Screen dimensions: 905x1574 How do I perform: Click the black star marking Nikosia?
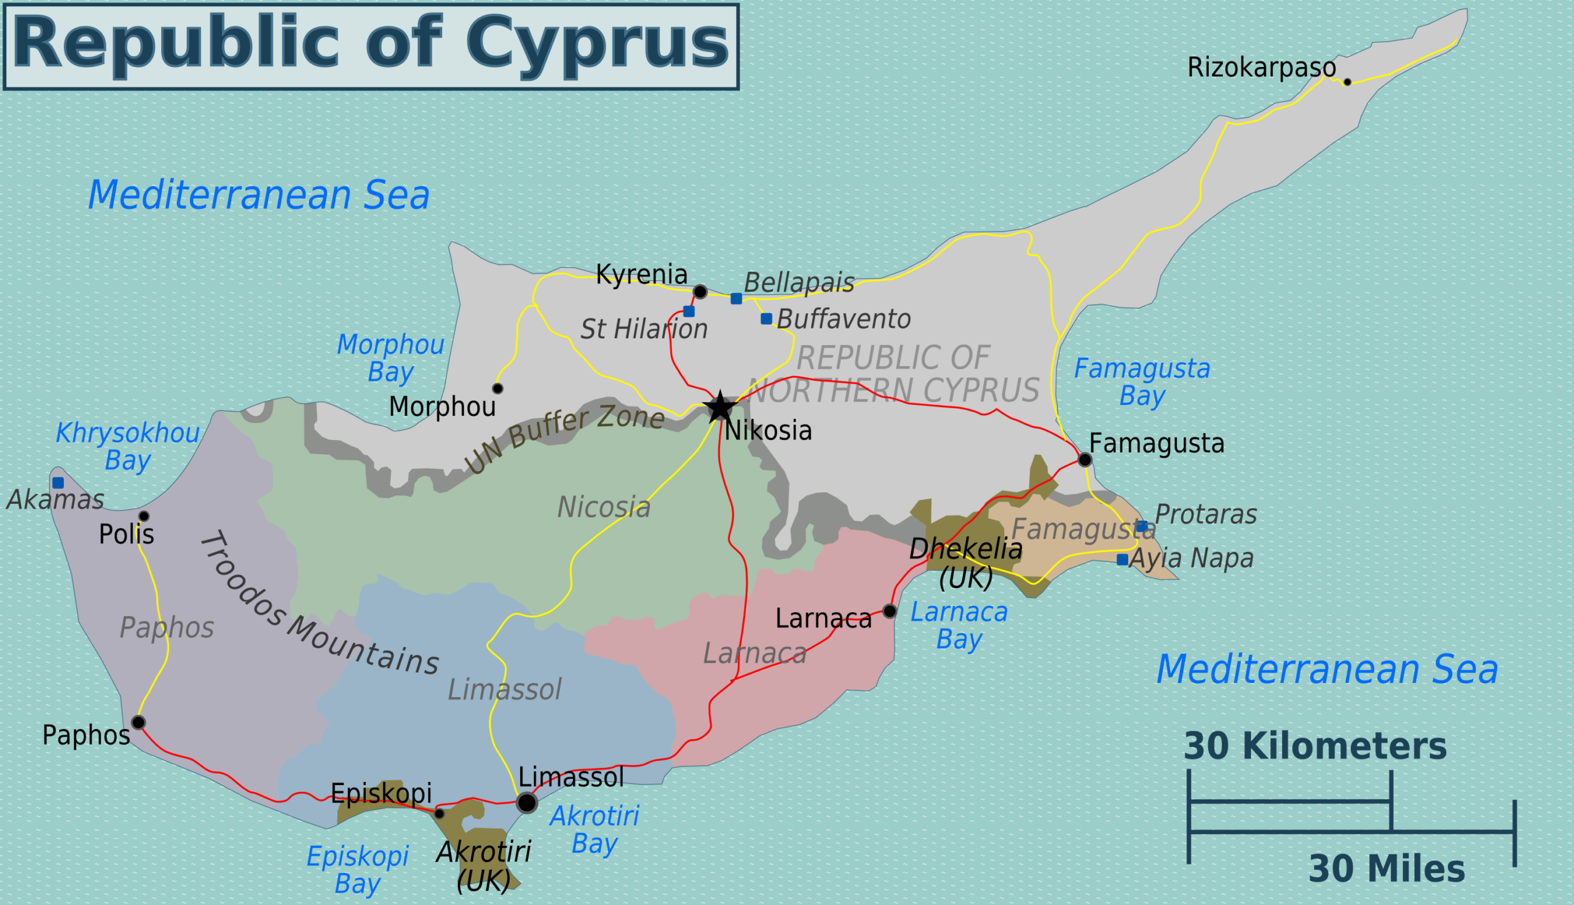pyautogui.click(x=720, y=408)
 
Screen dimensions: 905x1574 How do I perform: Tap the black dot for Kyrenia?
pyautogui.click(x=700, y=292)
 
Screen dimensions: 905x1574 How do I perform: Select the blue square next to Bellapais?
pyautogui.click(x=736, y=299)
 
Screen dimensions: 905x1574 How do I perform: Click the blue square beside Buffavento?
pyautogui.click(x=767, y=319)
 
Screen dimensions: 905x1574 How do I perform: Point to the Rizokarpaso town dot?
pyautogui.click(x=1347, y=82)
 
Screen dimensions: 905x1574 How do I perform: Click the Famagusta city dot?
pyautogui.click(x=1085, y=460)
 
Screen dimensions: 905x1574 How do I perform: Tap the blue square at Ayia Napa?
pyautogui.click(x=1123, y=559)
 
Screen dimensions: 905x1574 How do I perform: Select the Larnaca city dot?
pyautogui.click(x=890, y=611)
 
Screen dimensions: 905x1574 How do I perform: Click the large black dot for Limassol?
pyautogui.click(x=527, y=802)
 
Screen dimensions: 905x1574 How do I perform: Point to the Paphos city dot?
pyautogui.click(x=138, y=722)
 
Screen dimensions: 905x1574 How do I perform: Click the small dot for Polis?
pyautogui.click(x=144, y=516)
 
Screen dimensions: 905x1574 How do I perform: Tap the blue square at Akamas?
pyautogui.click(x=58, y=483)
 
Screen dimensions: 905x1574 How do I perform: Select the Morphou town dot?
pyautogui.click(x=497, y=388)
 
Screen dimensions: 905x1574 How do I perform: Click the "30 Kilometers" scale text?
pyautogui.click(x=1315, y=746)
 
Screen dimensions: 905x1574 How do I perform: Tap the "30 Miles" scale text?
pyautogui.click(x=1386, y=869)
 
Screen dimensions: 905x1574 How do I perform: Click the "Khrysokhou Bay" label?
pyautogui.click(x=127, y=446)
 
